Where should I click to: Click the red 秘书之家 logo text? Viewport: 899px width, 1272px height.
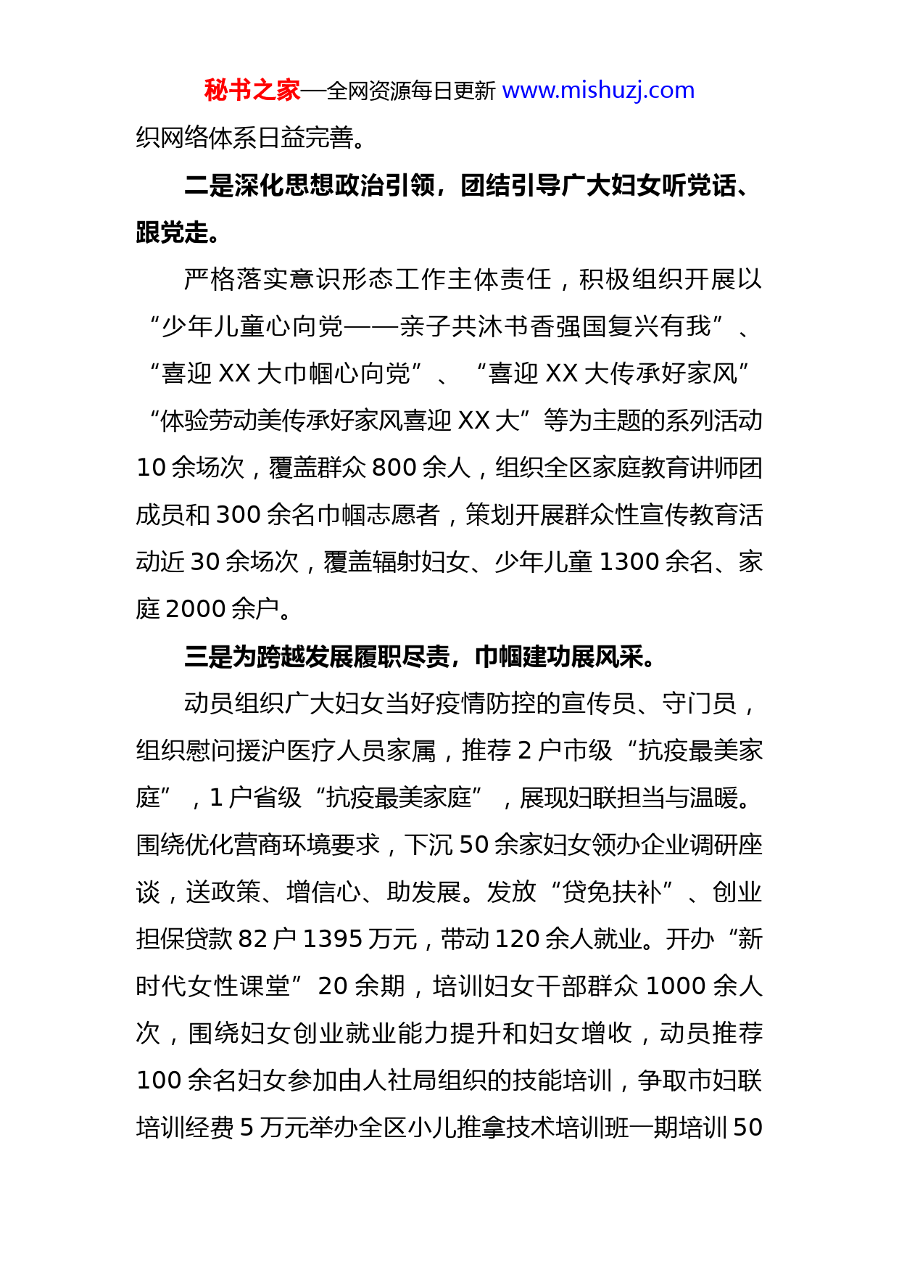(x=252, y=91)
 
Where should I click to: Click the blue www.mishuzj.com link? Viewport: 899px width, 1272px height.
(x=598, y=91)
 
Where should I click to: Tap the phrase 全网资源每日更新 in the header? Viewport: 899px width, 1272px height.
(x=411, y=91)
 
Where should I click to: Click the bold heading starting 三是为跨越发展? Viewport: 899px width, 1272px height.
(x=420, y=657)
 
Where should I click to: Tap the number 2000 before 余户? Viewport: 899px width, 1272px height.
(x=196, y=609)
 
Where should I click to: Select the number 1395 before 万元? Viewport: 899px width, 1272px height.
(x=332, y=940)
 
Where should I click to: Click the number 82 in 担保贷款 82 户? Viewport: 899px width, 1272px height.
(x=253, y=940)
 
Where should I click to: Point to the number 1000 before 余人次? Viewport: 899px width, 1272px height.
(x=676, y=987)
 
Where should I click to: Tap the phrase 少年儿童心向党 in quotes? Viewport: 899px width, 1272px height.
(x=252, y=327)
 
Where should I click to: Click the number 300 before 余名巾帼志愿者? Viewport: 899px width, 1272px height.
(x=238, y=516)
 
